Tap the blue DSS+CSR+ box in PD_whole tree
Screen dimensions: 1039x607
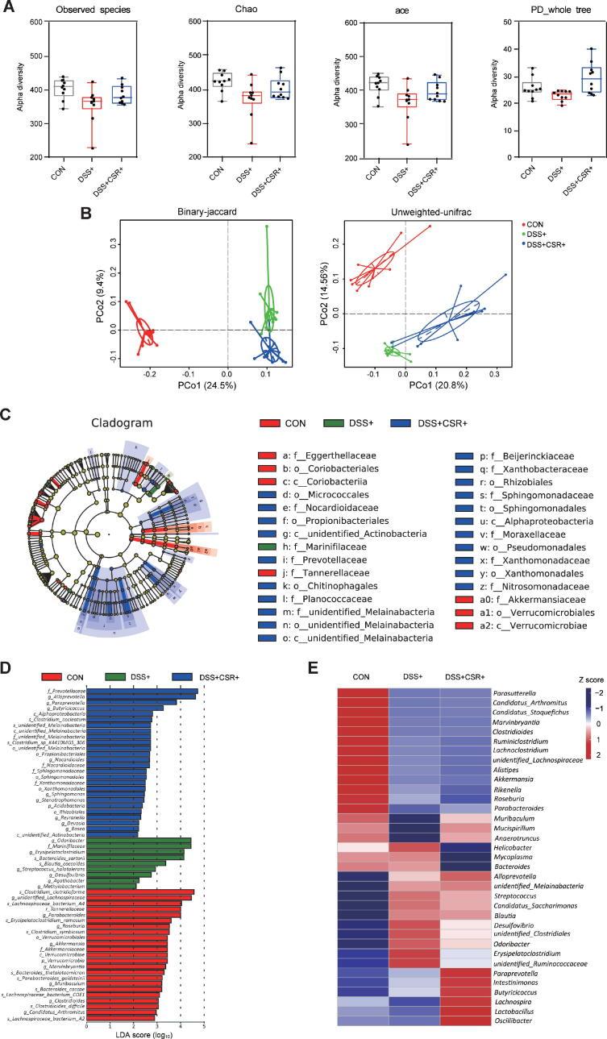(569, 81)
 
